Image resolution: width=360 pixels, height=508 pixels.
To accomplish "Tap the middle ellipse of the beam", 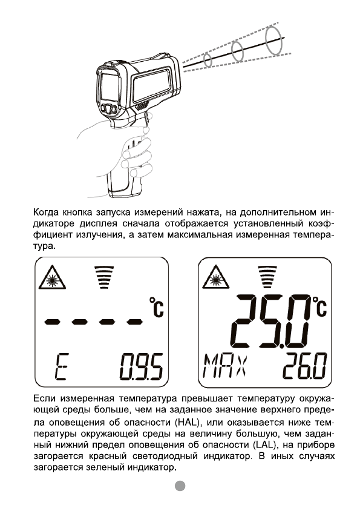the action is (238, 50).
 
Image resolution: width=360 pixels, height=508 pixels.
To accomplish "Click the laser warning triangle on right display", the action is (215, 279).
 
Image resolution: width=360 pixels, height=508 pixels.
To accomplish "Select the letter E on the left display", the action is (61, 366).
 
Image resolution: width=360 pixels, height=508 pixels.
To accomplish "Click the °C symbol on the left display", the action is (156, 308).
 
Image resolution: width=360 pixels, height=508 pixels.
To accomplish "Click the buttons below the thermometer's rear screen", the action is (110, 109).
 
